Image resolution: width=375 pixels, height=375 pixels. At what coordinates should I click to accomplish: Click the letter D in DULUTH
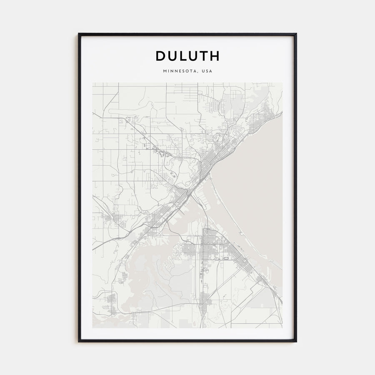pyautogui.click(x=161, y=56)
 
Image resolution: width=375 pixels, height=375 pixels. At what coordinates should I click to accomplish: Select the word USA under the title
pyautogui.click(x=207, y=71)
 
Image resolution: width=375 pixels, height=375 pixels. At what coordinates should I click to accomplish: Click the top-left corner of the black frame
pyautogui.click(x=79, y=34)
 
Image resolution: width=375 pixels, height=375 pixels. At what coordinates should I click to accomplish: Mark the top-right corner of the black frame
pyautogui.click(x=296, y=34)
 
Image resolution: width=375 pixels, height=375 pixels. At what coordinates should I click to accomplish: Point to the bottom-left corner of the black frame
pyautogui.click(x=79, y=341)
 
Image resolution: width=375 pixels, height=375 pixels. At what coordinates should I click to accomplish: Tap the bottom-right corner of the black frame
pyautogui.click(x=296, y=341)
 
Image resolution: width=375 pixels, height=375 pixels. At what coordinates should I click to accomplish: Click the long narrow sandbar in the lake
pyautogui.click(x=227, y=208)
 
